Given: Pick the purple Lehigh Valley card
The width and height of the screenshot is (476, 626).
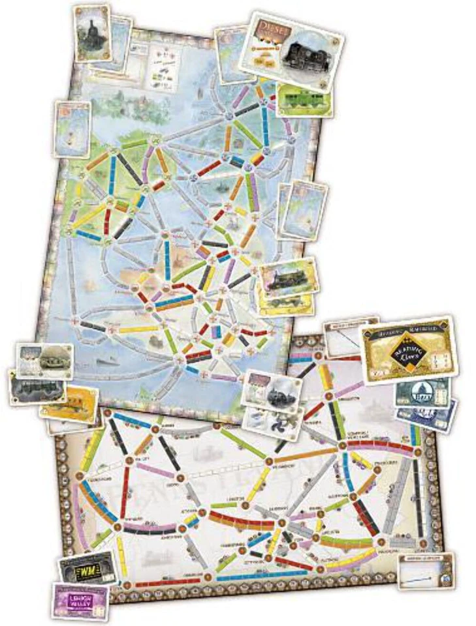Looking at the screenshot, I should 80,600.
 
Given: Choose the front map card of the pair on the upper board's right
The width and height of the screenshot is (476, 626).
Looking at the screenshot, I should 304,209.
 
